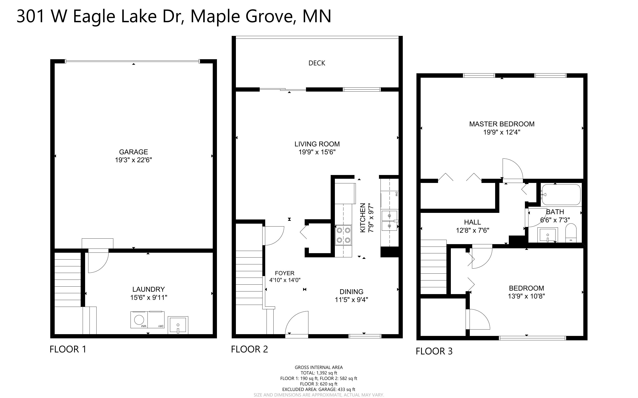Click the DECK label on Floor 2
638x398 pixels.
pos(317,63)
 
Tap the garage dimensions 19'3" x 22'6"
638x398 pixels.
pos(133,160)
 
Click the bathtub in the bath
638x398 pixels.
pos(561,195)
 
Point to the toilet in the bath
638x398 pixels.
pos(571,233)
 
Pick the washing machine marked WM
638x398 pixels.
pos(139,320)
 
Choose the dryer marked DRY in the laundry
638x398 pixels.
pos(156,320)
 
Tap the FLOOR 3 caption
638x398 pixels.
pos(434,351)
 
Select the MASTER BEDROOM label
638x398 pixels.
pos(502,124)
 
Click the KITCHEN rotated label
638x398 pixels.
pos(363,218)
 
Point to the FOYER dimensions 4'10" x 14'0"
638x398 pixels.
pos(285,280)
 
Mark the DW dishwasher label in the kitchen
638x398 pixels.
pos(396,194)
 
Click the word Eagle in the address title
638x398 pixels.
pos(94,16)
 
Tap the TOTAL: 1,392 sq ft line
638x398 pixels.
pos(319,373)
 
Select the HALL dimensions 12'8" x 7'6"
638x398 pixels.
pos(472,230)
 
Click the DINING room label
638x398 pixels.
pos(351,292)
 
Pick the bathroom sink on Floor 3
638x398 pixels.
pos(548,234)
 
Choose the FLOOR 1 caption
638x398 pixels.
pos(68,349)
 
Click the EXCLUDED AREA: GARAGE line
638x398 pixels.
pos(319,389)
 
